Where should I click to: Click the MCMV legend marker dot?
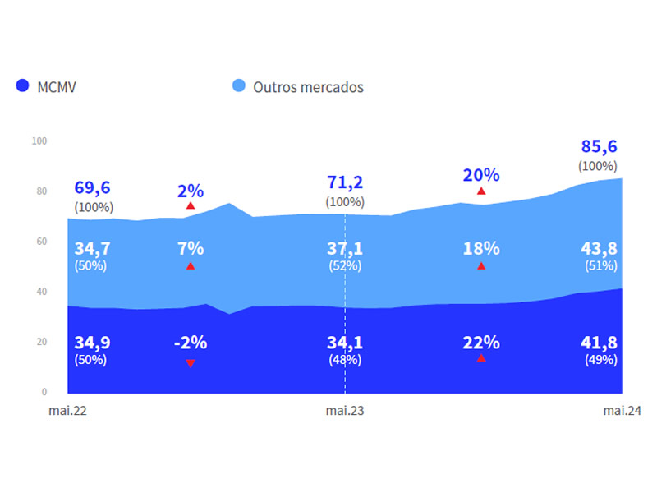(22, 86)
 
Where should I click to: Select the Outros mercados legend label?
(308, 86)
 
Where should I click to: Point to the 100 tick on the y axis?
(39, 141)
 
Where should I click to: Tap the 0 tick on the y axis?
(44, 392)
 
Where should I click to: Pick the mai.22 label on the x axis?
(67, 411)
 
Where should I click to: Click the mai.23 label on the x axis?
(345, 411)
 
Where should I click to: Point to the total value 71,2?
(345, 182)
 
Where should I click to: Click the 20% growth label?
(481, 174)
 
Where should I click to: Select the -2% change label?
(190, 343)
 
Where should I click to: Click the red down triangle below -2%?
(191, 363)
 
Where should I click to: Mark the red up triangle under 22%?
(481, 358)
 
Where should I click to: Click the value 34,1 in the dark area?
(345, 342)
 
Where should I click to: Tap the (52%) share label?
(345, 265)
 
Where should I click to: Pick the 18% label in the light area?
(481, 248)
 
